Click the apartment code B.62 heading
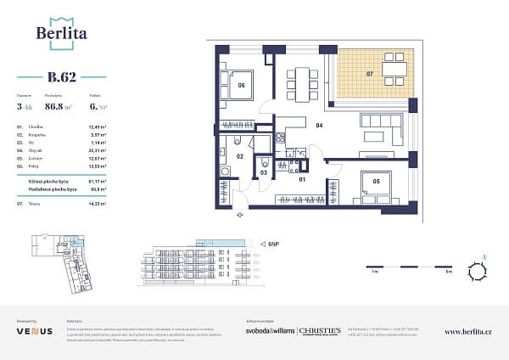[x=61, y=77]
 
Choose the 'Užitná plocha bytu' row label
[x=36, y=181]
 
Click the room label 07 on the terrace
[x=369, y=75]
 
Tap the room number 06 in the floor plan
[x=241, y=86]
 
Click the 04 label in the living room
[x=320, y=126]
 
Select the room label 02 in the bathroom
[x=240, y=157]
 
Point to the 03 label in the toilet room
[x=263, y=172]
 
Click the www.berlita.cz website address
[x=468, y=332]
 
